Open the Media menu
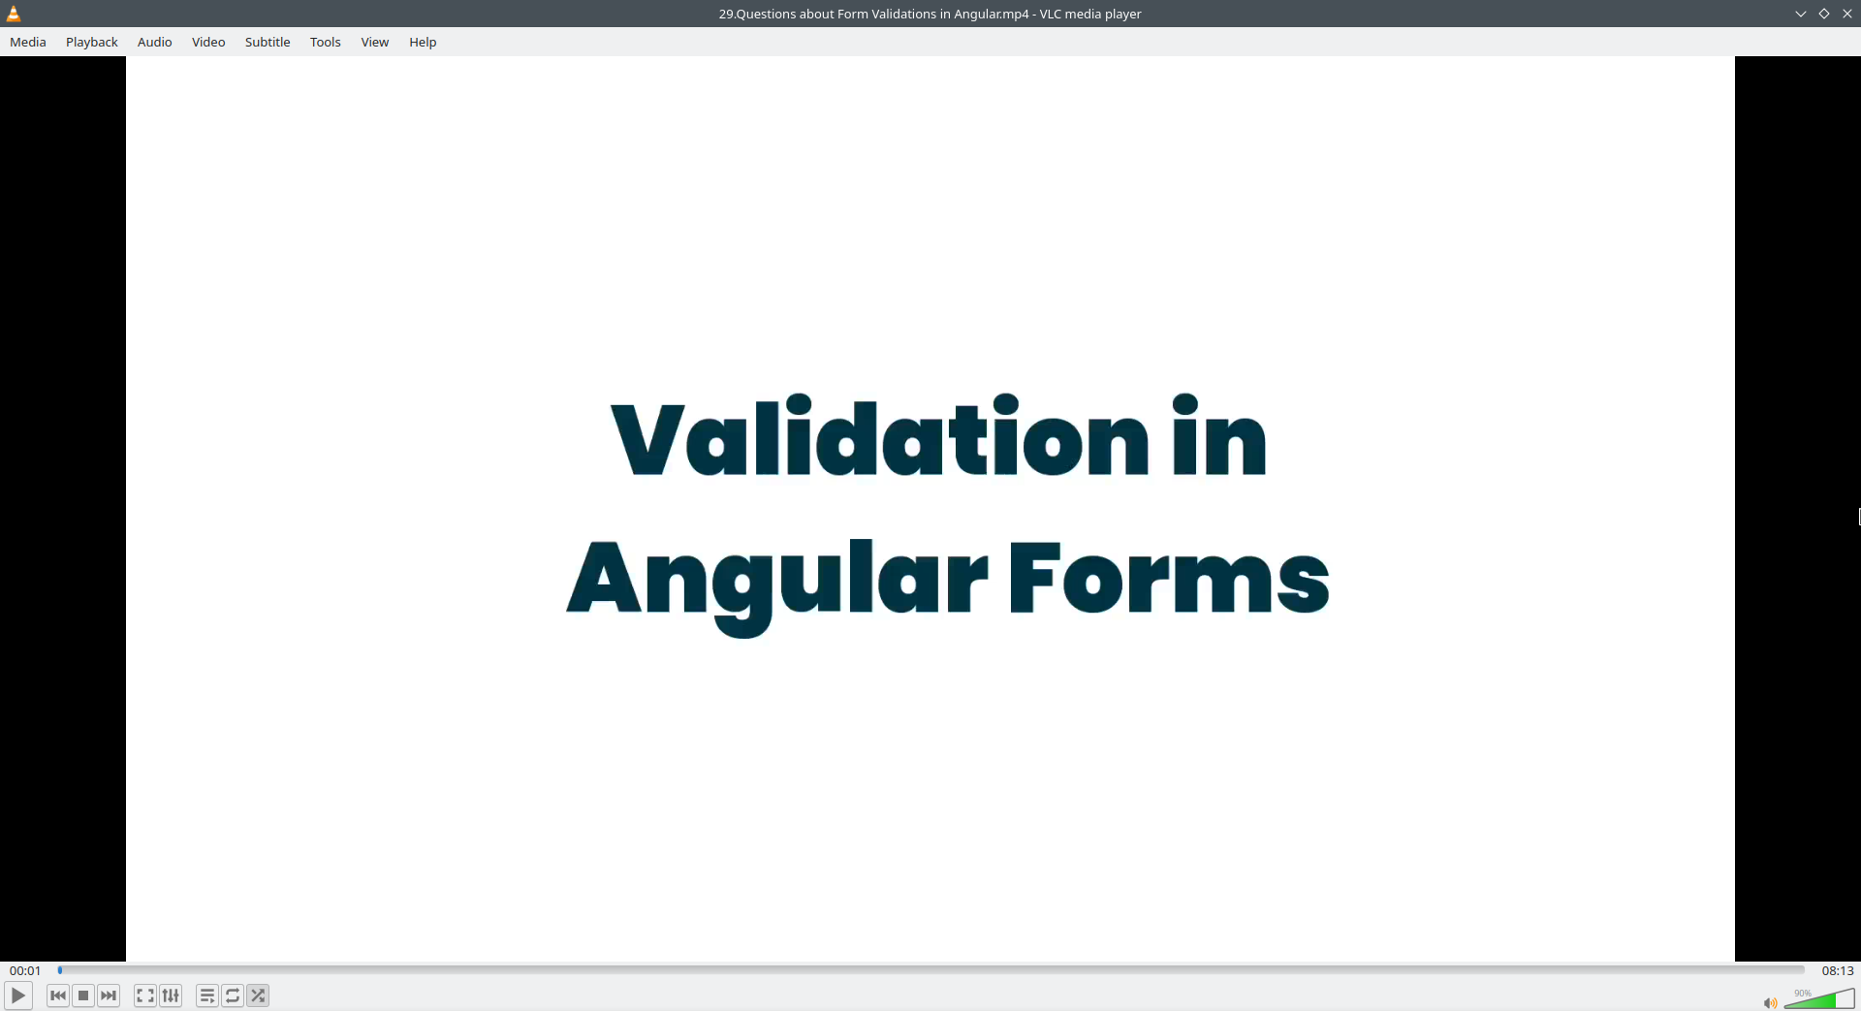click(x=28, y=42)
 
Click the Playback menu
click(x=92, y=42)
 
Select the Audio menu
click(x=155, y=42)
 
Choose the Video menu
click(x=208, y=42)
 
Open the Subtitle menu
click(x=268, y=42)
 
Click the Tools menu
click(x=326, y=42)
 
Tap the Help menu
click(x=423, y=42)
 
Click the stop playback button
click(x=83, y=995)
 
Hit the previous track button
click(x=58, y=995)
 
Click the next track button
click(x=109, y=995)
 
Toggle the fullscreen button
click(x=145, y=995)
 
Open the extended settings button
click(x=171, y=995)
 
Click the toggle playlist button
click(x=207, y=995)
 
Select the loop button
click(x=233, y=995)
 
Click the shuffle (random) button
click(x=258, y=995)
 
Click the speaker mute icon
click(x=1770, y=1003)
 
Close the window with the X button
click(x=1847, y=14)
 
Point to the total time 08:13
click(x=1837, y=970)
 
